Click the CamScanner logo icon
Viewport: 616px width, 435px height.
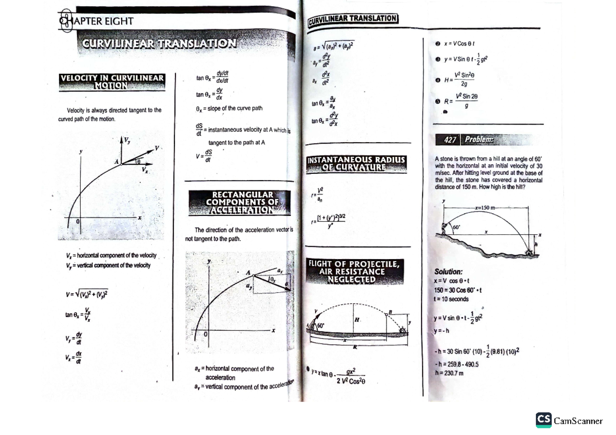tap(544, 420)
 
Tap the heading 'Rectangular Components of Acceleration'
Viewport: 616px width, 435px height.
tap(239, 202)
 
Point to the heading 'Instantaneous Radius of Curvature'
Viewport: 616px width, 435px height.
tap(356, 164)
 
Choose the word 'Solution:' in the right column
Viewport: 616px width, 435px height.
tap(449, 272)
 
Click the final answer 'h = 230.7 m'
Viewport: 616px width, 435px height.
tap(449, 373)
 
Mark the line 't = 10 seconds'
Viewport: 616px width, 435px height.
tap(451, 299)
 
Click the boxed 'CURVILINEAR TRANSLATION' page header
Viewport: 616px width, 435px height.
tap(353, 19)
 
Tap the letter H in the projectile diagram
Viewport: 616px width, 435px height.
tap(356, 320)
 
